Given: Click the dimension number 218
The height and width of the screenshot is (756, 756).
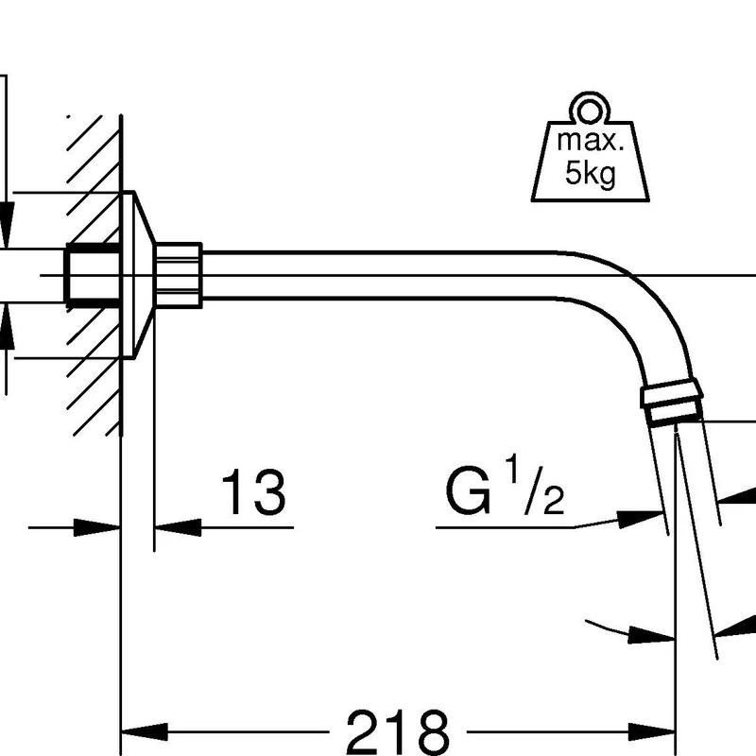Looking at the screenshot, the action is [398, 732].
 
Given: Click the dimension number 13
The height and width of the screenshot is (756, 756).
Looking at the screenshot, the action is [253, 492].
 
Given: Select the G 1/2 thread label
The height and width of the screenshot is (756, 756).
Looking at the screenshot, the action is [505, 486].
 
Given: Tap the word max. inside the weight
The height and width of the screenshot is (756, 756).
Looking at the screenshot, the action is [590, 140].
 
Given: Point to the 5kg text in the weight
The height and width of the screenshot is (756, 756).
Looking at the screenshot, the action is [591, 173].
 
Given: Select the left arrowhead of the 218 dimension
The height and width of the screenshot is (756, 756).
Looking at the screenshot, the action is [145, 731].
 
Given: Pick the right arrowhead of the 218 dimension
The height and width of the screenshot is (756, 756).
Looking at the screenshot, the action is [652, 731].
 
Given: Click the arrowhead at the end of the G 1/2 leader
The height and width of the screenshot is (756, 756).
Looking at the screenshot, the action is [641, 519].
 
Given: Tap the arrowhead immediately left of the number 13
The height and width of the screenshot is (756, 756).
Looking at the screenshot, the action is [178, 527].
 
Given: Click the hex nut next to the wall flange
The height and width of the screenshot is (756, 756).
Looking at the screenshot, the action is [179, 275].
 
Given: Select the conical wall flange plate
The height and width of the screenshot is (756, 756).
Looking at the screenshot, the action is [137, 275].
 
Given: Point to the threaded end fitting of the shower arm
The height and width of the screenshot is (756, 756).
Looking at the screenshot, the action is [672, 403].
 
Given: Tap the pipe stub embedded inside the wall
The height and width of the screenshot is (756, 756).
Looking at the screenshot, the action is [93, 275].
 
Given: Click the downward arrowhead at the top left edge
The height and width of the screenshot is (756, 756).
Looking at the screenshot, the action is [7, 225].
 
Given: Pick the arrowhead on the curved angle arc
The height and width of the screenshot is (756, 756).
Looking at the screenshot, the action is [652, 635].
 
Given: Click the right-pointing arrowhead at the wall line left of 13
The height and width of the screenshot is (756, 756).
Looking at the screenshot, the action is [97, 527].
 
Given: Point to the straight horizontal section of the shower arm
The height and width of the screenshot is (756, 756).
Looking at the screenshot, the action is [379, 275].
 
